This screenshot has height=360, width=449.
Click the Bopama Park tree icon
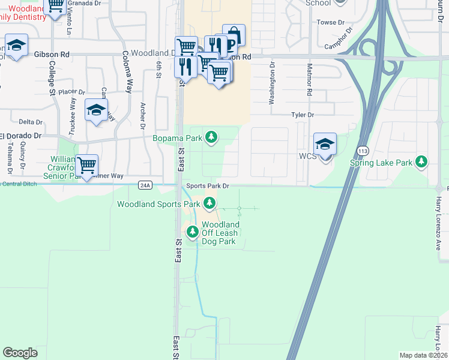coord(211,138)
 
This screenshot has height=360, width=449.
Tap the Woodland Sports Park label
coord(158,204)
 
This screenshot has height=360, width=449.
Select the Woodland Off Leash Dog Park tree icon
coord(193,231)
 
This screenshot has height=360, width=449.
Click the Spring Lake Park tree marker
coord(422,162)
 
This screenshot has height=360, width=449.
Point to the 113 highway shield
coord(363,150)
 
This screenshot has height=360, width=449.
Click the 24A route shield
coord(145,185)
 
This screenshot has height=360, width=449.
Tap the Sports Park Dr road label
coord(208,186)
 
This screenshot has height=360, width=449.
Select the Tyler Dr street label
coord(303,114)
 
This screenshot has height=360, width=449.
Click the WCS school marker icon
coord(325,145)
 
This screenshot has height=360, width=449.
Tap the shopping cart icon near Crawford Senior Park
coord(87,165)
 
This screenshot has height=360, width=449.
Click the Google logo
coord(20,353)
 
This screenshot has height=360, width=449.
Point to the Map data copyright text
coord(424,355)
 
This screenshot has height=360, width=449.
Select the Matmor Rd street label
coord(310,80)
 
